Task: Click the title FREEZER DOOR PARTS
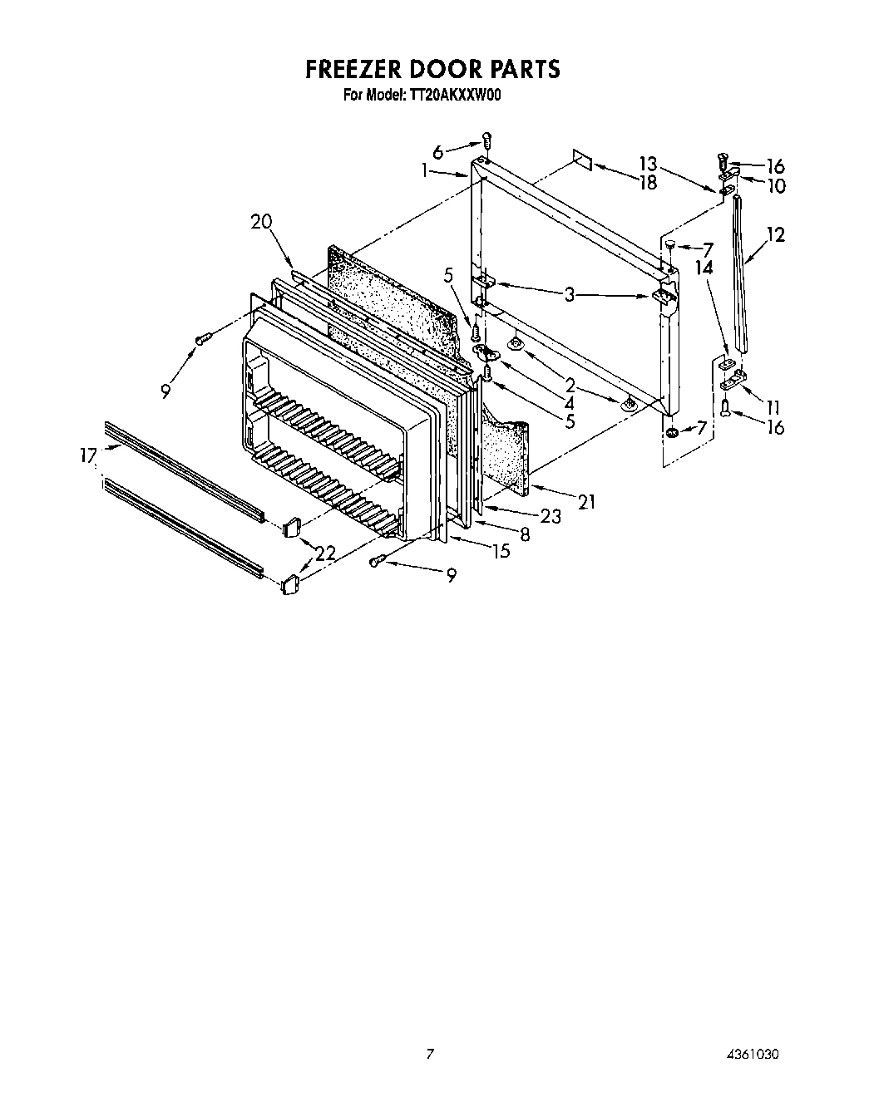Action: tap(432, 69)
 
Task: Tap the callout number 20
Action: tap(261, 221)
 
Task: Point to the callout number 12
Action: tap(775, 235)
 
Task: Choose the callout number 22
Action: tap(326, 552)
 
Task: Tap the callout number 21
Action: tap(587, 501)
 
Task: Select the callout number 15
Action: tap(501, 550)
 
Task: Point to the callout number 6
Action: tap(437, 151)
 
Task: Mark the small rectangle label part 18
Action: tap(582, 160)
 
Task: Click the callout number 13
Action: tap(648, 164)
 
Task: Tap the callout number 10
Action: tap(775, 185)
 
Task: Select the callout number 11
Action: tap(773, 407)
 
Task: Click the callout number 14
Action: tap(704, 268)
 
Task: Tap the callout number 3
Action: tap(570, 293)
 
